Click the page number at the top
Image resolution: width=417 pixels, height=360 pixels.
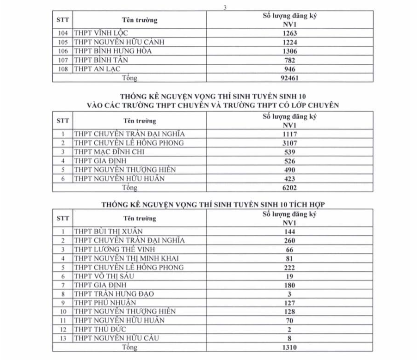click(224, 6)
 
